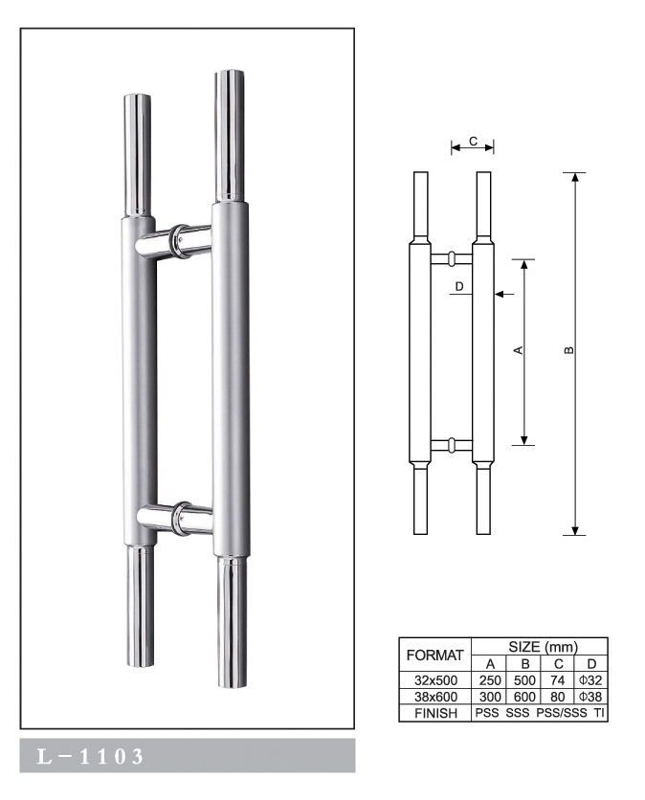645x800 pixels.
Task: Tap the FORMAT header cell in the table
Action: tap(435, 656)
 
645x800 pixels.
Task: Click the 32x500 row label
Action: tap(435, 680)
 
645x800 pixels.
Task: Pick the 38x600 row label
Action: tap(435, 698)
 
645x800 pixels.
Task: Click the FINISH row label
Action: tap(435, 714)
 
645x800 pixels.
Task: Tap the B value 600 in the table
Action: tap(523, 698)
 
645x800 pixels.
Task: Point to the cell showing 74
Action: tap(558, 680)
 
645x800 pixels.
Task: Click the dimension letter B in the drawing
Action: tap(568, 351)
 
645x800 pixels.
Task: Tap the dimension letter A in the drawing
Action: tap(518, 351)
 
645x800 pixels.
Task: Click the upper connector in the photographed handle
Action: tap(177, 240)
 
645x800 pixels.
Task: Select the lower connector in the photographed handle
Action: tap(177, 517)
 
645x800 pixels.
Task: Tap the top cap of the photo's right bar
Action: tap(230, 77)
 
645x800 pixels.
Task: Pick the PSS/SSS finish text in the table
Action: tap(559, 714)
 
